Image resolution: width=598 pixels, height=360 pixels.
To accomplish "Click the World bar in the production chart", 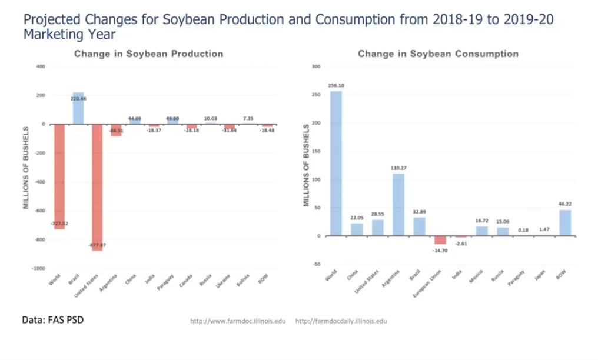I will coord(59,176).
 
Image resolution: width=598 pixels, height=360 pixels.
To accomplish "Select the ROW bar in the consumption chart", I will coord(565,223).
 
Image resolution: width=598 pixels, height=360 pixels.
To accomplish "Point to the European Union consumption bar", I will coord(440,240).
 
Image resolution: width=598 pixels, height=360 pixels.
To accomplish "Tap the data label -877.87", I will coord(97,245).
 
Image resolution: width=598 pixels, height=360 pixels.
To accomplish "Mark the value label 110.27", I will coord(398,168).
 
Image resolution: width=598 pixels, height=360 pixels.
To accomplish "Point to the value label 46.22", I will coord(565,204).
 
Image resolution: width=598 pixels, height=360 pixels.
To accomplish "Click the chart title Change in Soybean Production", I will coord(148,54).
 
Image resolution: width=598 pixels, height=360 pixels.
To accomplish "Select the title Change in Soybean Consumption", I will coord(438,54).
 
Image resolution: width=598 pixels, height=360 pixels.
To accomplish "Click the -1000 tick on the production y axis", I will coord(38,268).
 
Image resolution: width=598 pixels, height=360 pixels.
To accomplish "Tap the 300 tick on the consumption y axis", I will coord(315,66).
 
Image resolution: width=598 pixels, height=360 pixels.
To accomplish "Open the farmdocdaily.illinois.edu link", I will coord(341,321).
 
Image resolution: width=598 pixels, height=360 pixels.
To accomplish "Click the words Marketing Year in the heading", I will coord(69,34).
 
